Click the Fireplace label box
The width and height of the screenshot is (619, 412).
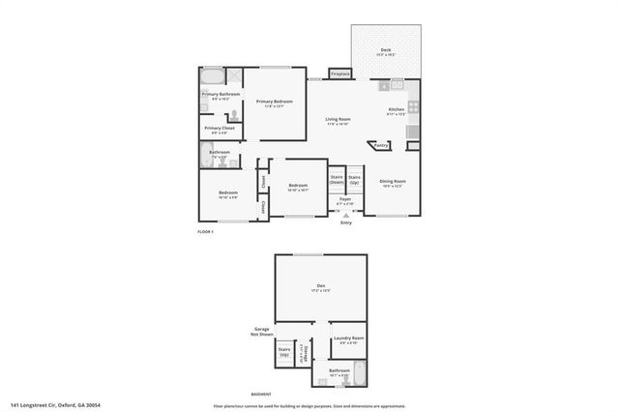(x=339, y=74)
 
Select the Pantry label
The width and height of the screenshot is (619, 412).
(x=381, y=145)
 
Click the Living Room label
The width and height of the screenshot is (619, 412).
(x=338, y=121)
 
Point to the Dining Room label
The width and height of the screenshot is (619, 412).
(x=392, y=183)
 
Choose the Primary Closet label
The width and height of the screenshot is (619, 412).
(x=220, y=129)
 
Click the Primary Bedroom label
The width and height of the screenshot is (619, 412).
(x=274, y=103)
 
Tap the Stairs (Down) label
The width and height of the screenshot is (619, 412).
(x=337, y=179)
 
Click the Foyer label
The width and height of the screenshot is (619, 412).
(x=345, y=201)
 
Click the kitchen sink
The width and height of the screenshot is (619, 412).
(x=396, y=85)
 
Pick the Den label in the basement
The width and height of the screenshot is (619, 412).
(x=321, y=287)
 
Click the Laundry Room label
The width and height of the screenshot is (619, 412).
(x=346, y=339)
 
